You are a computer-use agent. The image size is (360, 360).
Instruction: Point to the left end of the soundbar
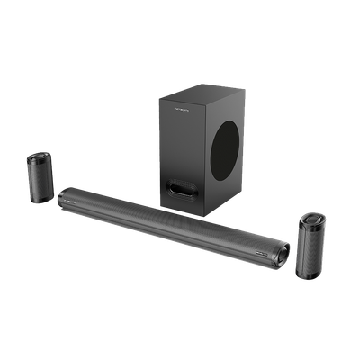click(61, 195)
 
